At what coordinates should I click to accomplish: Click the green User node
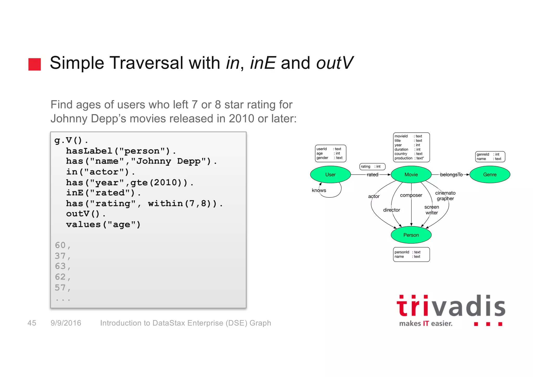(x=330, y=175)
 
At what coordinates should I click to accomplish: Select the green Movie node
(x=411, y=175)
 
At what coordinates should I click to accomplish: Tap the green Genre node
(x=490, y=175)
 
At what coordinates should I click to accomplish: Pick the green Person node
(x=411, y=235)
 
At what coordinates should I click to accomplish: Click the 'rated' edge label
(x=372, y=175)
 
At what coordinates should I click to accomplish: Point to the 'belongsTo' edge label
(x=451, y=175)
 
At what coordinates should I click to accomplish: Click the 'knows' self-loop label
(x=319, y=190)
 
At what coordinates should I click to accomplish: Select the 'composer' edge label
(x=411, y=195)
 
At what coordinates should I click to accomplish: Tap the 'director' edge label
(x=391, y=210)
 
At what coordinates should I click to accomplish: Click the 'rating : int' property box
(x=372, y=166)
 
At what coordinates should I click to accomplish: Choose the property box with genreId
(x=490, y=157)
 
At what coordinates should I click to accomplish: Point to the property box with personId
(x=411, y=254)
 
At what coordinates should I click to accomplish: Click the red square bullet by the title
(x=35, y=64)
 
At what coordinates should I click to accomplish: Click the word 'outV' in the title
(x=334, y=63)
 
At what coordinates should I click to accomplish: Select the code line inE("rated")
(x=103, y=193)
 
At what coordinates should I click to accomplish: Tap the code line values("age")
(x=103, y=225)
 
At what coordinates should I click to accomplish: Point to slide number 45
(x=32, y=323)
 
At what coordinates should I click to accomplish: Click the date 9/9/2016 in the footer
(x=66, y=323)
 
